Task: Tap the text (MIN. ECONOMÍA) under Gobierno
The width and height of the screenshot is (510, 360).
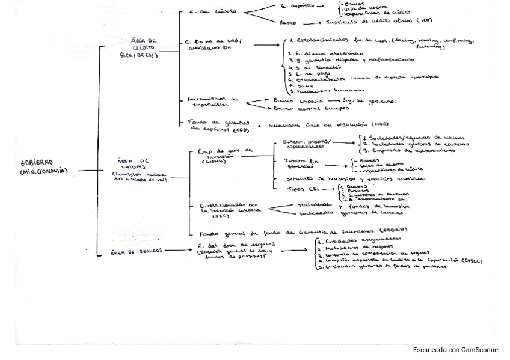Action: click(x=45, y=171)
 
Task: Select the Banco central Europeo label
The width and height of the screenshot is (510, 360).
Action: click(x=303, y=109)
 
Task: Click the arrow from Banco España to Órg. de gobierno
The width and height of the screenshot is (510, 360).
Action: click(x=334, y=101)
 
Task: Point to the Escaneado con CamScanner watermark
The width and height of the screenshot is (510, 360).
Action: click(x=456, y=350)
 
